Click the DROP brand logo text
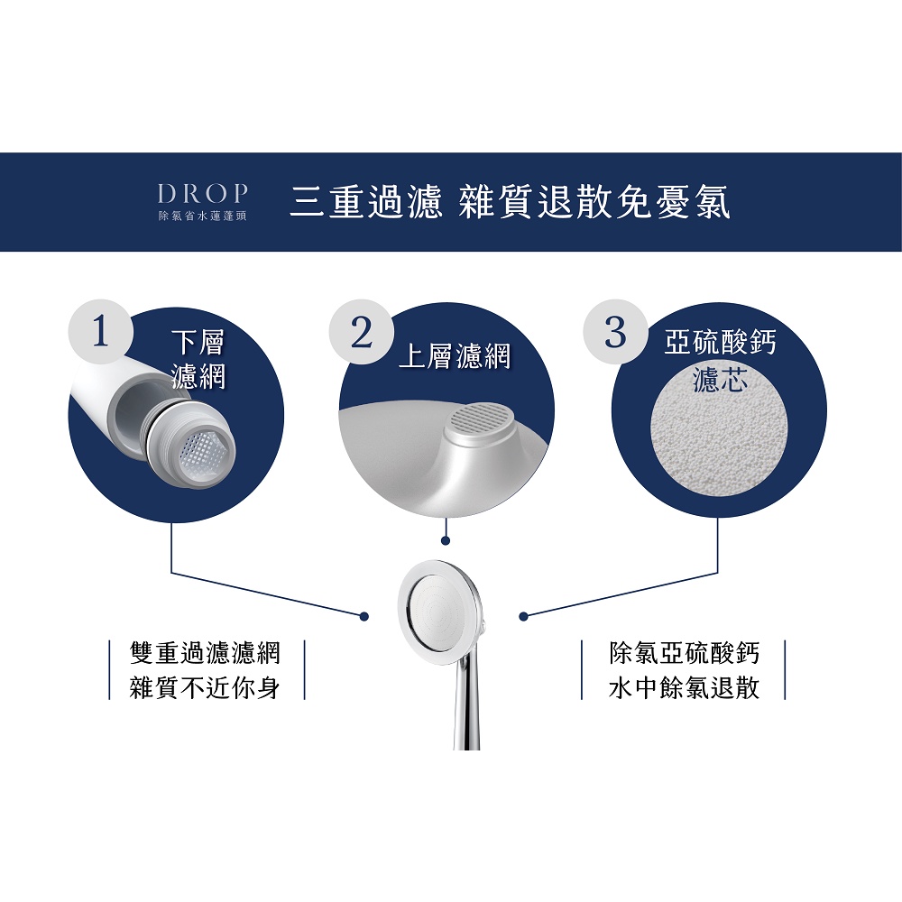(203, 194)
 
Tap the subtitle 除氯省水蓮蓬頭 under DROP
(203, 216)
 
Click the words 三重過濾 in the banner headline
(366, 202)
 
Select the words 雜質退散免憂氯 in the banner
(594, 202)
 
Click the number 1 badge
(101, 332)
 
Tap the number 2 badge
(362, 332)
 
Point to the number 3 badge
(615, 332)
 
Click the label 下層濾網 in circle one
(198, 360)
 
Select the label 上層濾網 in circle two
(455, 356)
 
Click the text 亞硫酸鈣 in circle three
(720, 343)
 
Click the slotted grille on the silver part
(479, 420)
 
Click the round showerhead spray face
(442, 613)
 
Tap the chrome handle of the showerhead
(468, 706)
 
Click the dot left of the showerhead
(364, 617)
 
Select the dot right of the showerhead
(523, 617)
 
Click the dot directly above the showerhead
(446, 540)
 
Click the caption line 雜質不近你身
(206, 687)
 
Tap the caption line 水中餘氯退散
(684, 687)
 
